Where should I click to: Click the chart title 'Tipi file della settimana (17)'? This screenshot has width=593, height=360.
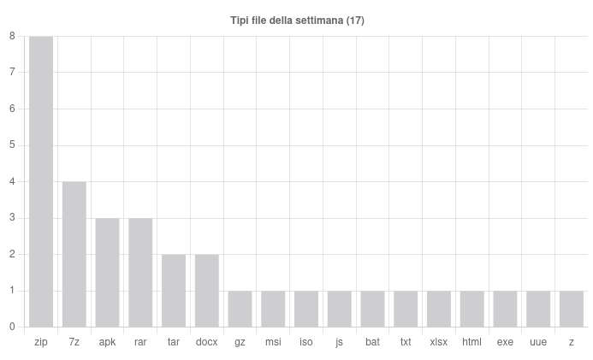tap(297, 21)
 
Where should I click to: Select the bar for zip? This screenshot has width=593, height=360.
tap(41, 181)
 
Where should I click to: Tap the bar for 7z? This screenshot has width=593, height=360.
tap(74, 254)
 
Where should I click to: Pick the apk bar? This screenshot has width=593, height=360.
tap(107, 272)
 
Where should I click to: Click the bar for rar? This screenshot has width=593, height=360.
tap(140, 272)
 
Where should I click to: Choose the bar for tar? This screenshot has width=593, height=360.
tap(174, 291)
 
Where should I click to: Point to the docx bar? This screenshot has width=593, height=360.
tap(206, 291)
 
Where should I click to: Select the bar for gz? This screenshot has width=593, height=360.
tap(240, 309)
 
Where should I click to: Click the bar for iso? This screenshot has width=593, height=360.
tap(306, 309)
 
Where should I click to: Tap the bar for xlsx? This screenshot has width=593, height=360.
tap(439, 309)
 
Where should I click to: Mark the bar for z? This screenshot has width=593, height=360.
tap(571, 309)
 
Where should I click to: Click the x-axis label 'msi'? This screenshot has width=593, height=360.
tap(273, 342)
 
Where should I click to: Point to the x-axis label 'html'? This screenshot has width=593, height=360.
tap(471, 342)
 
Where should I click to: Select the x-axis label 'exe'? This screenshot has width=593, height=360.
tap(505, 342)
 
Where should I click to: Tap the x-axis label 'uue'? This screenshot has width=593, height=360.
tap(538, 342)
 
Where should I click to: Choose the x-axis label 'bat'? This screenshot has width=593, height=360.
tap(372, 342)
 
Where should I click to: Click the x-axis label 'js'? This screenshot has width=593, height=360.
tap(339, 342)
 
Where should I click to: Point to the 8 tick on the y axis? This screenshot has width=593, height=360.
tap(12, 36)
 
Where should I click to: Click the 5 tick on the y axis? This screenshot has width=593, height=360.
tap(12, 145)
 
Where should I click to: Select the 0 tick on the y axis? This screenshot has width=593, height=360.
tap(12, 327)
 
